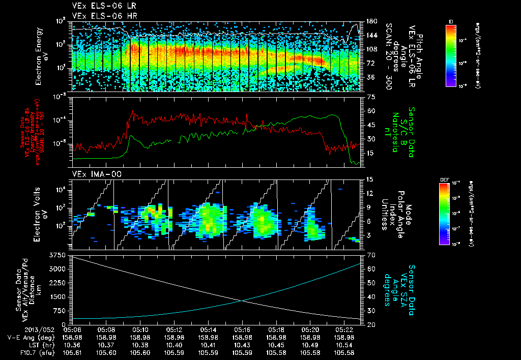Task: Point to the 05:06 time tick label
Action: pos(72,329)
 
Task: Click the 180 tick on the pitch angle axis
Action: pos(371,21)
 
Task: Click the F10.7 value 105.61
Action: pos(72,352)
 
